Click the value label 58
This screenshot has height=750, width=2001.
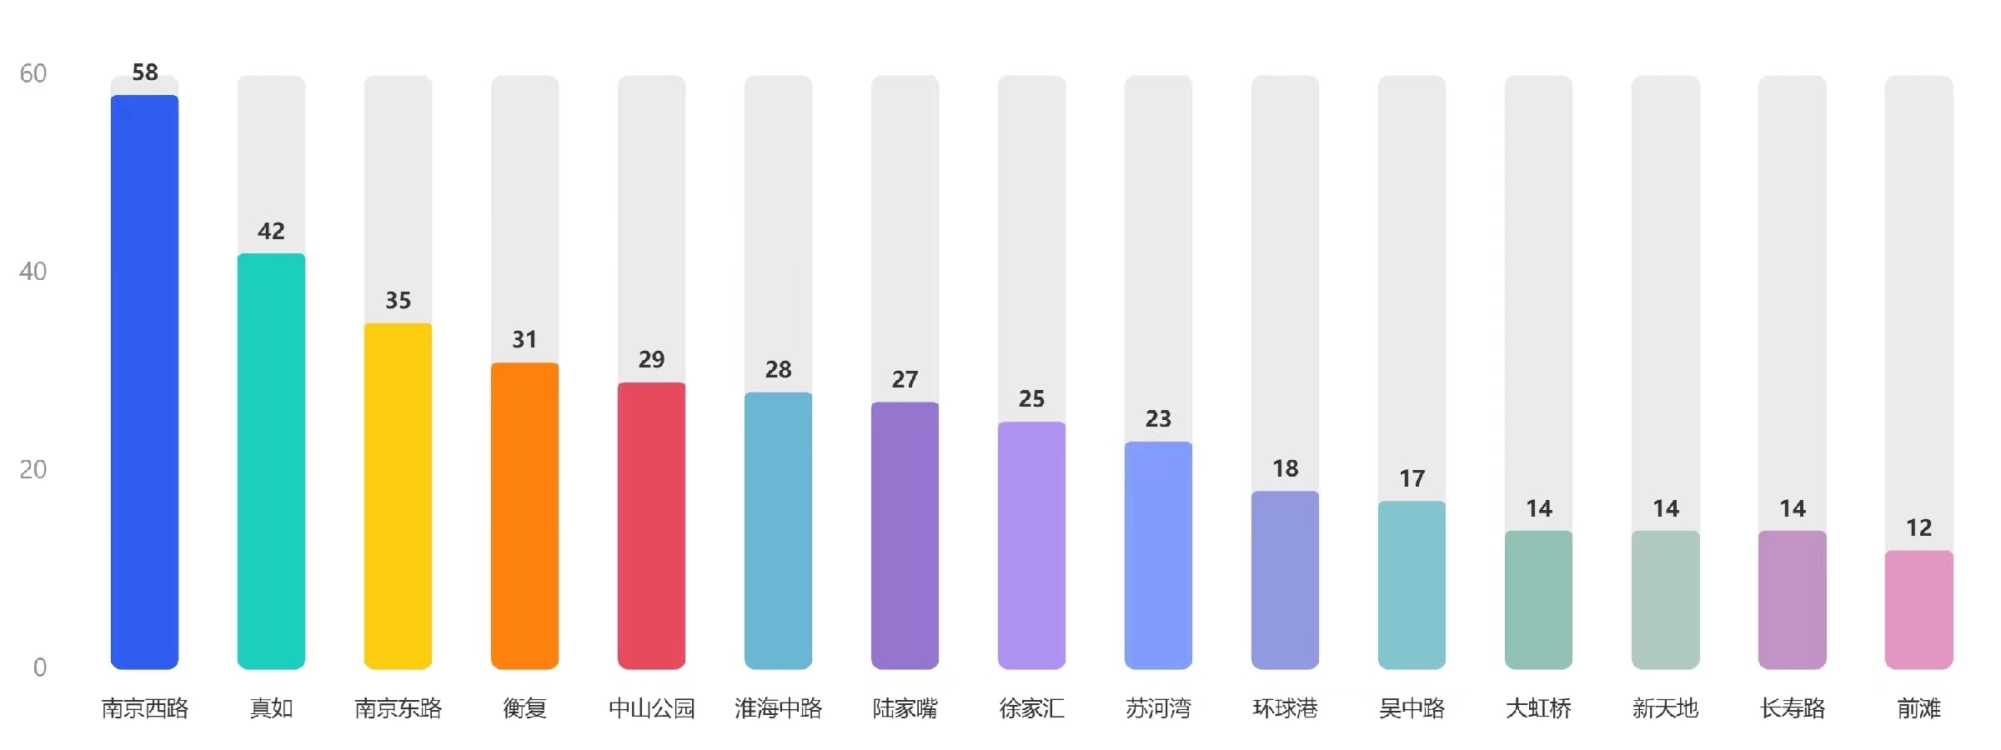pyautogui.click(x=145, y=72)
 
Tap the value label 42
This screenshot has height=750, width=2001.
pyautogui.click(x=271, y=231)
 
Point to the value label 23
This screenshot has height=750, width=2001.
pyautogui.click(x=1158, y=418)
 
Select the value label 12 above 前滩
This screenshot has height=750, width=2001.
pyautogui.click(x=1918, y=527)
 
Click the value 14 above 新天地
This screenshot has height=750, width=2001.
pyautogui.click(x=1665, y=508)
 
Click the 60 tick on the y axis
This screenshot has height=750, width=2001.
pyautogui.click(x=33, y=73)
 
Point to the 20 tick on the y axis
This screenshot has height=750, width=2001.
pyautogui.click(x=33, y=469)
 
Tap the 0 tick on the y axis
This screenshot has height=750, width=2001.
pyautogui.click(x=39, y=667)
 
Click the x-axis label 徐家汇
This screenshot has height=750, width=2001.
pyautogui.click(x=1031, y=708)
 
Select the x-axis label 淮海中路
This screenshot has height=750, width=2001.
pyautogui.click(x=778, y=708)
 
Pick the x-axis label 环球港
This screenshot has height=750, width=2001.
pyautogui.click(x=1285, y=708)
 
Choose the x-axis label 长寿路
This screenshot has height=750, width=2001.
pyautogui.click(x=1792, y=708)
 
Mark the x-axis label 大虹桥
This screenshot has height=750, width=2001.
pyautogui.click(x=1538, y=708)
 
